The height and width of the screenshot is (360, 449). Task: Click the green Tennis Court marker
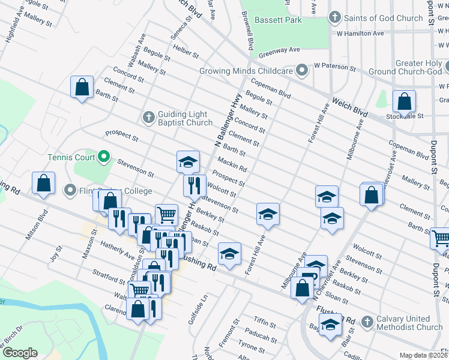(104, 158)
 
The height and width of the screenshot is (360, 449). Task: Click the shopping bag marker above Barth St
(82, 86)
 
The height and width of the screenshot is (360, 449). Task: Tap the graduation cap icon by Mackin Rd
(188, 161)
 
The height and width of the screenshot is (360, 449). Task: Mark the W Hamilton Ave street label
(360, 34)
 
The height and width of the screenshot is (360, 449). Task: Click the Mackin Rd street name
(232, 164)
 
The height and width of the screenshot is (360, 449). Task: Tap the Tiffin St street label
(264, 324)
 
